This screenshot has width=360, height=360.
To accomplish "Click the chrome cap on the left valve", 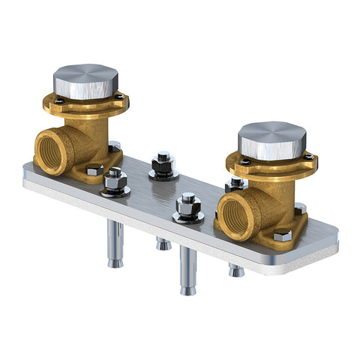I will coord(85,80).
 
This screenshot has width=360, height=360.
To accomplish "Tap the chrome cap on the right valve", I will coord(271,140).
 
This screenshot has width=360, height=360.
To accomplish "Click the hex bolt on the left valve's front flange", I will coord(94,170).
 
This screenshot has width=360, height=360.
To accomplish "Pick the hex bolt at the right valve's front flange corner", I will coord(282,235).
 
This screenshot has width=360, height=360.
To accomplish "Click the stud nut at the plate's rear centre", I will coord(163,164).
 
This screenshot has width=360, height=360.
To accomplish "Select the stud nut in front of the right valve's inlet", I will coord(188,208).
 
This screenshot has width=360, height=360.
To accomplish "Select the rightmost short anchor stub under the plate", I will coord(236,269).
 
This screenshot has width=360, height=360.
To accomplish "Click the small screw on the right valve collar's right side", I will coord(310,156).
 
